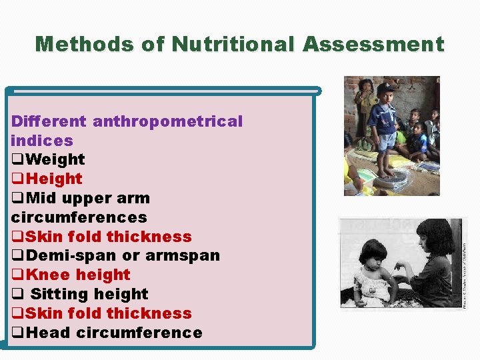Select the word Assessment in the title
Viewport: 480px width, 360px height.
[x=373, y=45]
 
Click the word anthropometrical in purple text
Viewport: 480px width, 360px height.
[x=167, y=121]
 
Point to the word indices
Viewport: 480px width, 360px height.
[x=42, y=141]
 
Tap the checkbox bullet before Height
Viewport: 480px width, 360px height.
[x=18, y=179]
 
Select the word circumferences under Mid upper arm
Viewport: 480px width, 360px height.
[x=79, y=217]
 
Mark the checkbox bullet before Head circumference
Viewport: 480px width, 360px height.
[x=18, y=333]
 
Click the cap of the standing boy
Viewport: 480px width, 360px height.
[x=386, y=89]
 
